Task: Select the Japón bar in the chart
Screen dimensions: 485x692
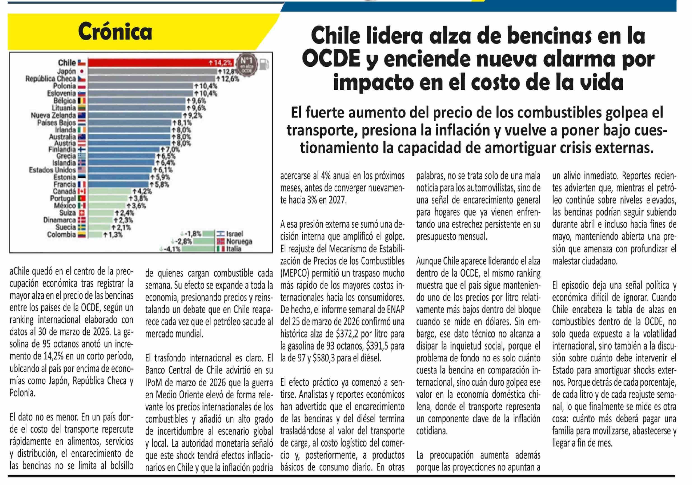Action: coord(152,71)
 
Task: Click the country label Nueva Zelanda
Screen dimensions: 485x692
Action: coord(53,115)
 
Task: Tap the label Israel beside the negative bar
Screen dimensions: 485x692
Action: coord(234,234)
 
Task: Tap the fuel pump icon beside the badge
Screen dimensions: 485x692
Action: coord(264,64)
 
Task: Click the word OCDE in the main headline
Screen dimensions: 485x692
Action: coord(331,59)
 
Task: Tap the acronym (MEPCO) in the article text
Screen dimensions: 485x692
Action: coord(295,273)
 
